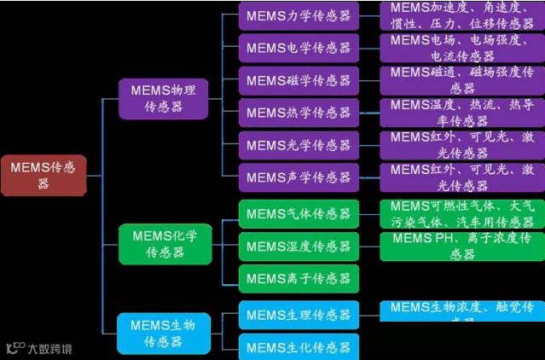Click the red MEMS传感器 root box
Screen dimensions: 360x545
[x=43, y=176]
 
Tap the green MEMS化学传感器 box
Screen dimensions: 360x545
[x=164, y=242]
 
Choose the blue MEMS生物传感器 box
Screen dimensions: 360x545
[x=163, y=333]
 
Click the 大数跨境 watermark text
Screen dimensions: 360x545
[x=49, y=348]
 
